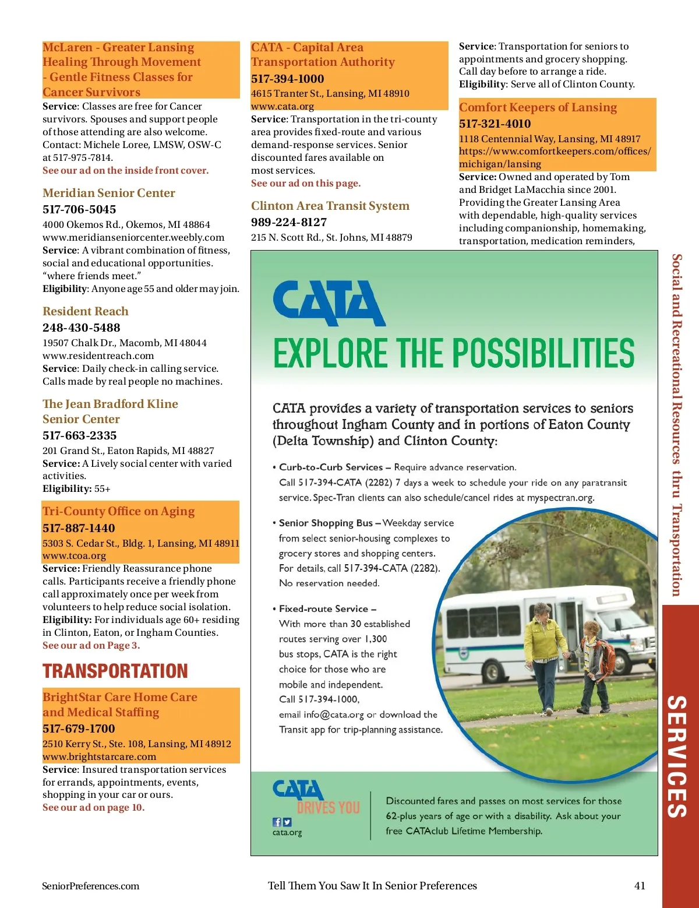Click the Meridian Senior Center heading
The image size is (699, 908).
(x=109, y=193)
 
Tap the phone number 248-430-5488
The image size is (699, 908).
(x=82, y=328)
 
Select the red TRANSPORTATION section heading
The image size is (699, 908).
(x=115, y=671)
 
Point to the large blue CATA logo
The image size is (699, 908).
(x=329, y=303)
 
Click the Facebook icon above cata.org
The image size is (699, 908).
(x=277, y=822)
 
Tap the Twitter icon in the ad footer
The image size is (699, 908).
(x=287, y=822)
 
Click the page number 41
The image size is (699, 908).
(x=640, y=886)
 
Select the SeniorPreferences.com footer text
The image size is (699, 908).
(x=91, y=886)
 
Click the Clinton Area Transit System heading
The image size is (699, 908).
(x=330, y=206)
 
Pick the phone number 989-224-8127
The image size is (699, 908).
(x=289, y=222)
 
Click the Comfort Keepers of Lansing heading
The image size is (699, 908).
(x=538, y=107)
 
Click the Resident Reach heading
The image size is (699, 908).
(x=86, y=311)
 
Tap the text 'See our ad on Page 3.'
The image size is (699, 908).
(x=91, y=645)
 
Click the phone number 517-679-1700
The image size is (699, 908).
(x=79, y=728)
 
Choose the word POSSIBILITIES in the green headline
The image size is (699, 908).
(x=543, y=353)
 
